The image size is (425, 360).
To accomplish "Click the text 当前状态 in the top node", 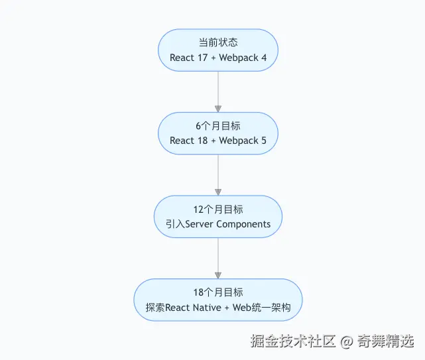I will point(217,42).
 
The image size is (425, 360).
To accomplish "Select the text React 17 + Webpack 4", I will point(217,58).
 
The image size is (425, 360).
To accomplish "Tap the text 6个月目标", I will point(217,125).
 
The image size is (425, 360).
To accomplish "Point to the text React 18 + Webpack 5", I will point(217,141).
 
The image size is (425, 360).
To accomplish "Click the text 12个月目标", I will point(217,209).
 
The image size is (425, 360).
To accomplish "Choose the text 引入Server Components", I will point(217,224).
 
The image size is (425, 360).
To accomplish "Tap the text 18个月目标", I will point(217,292).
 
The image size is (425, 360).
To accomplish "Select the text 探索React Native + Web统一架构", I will point(217,308).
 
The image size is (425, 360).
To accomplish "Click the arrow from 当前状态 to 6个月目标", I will point(217,90).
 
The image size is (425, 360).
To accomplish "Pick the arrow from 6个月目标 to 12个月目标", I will point(217,174).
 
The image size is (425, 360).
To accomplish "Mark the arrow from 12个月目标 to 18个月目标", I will point(217,257).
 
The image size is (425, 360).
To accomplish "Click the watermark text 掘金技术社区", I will point(293,342).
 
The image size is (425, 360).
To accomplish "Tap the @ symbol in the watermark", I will point(346,342).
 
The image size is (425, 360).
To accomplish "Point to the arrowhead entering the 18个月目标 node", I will point(217,274).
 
